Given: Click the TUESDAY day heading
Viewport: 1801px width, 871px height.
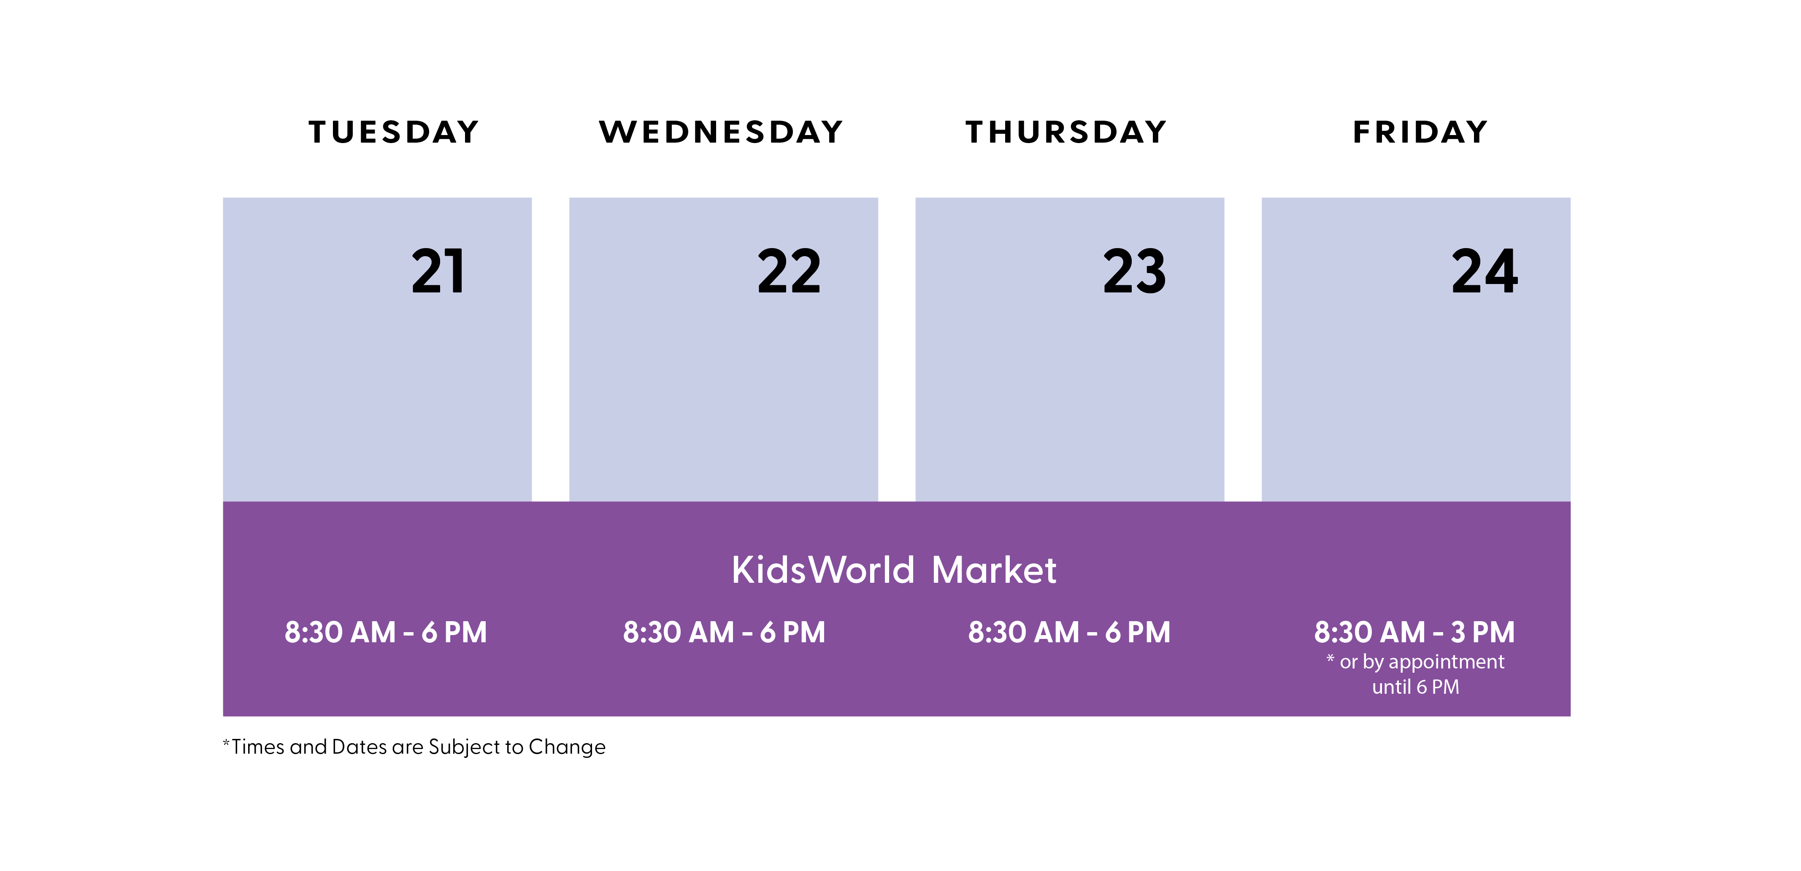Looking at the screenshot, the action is click(x=394, y=132).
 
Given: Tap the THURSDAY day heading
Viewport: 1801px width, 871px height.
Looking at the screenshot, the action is click(x=1066, y=132).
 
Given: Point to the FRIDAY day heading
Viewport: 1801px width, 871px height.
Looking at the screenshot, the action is click(x=1420, y=132).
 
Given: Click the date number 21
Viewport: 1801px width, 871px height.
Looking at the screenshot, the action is click(x=438, y=271).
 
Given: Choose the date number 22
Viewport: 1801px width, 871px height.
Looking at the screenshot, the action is click(x=789, y=271).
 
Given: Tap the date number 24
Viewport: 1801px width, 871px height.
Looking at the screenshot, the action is click(x=1484, y=271).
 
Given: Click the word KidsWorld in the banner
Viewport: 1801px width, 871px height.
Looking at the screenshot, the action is click(x=823, y=570).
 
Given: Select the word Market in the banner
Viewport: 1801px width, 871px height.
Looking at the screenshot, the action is click(x=993, y=570).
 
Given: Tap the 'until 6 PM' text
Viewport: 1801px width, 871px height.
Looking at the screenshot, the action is click(x=1416, y=687).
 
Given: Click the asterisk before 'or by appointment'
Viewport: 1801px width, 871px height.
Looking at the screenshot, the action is click(x=1330, y=658).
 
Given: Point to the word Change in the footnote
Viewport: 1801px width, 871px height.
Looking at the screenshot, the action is click(x=567, y=747).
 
